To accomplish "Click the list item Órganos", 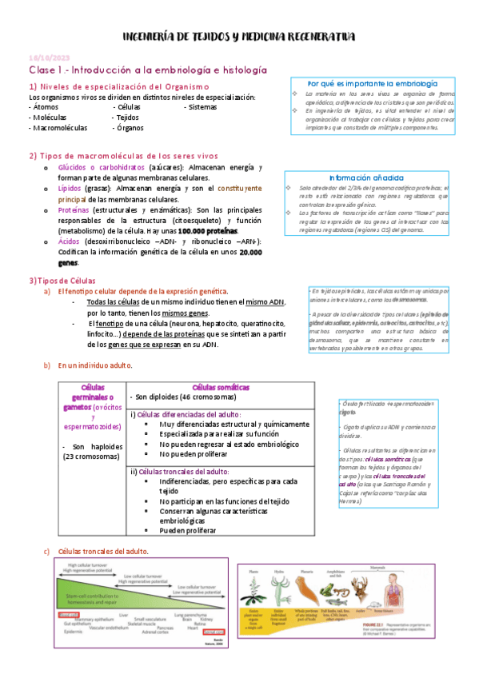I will [x=130, y=127].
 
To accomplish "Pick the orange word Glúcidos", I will [x=77, y=166].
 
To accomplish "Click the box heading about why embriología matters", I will [x=373, y=83].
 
